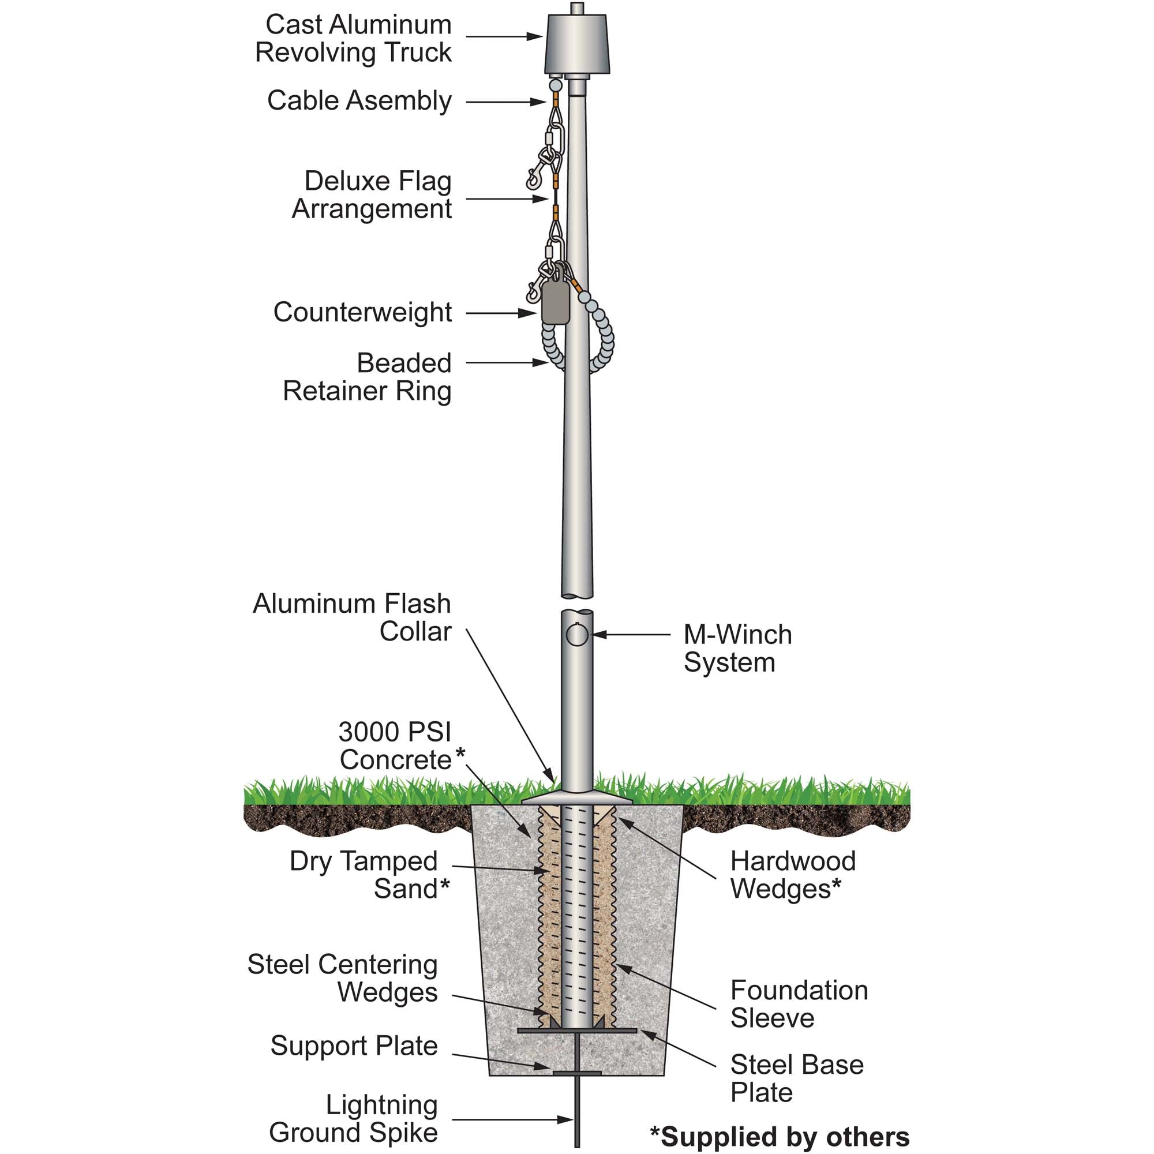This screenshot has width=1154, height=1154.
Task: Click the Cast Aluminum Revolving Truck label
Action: coord(353,38)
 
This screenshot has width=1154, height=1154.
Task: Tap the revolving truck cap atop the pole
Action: coord(577,45)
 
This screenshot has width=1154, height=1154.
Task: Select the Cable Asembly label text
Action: coord(359,100)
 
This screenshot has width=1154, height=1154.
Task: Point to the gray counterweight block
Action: coord(555,302)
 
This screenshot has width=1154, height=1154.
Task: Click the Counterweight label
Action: coord(362,312)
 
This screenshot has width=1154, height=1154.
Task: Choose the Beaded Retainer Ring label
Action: coord(367,377)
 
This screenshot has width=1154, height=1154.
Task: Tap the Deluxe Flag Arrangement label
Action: coord(372,194)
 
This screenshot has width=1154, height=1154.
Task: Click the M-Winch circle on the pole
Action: coord(576,634)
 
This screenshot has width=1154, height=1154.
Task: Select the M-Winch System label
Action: coord(737,648)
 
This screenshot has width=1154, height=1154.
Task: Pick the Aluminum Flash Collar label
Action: coord(352,617)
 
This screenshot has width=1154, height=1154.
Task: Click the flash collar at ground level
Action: coord(577,799)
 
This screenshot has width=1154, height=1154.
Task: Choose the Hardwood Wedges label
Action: coord(793,875)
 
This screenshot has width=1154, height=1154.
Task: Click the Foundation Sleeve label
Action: coord(799,1004)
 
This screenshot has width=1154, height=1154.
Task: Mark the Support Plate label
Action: coord(354,1046)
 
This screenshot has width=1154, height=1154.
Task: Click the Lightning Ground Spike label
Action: coord(354,1119)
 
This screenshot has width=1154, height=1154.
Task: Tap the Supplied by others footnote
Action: coord(780,1137)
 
